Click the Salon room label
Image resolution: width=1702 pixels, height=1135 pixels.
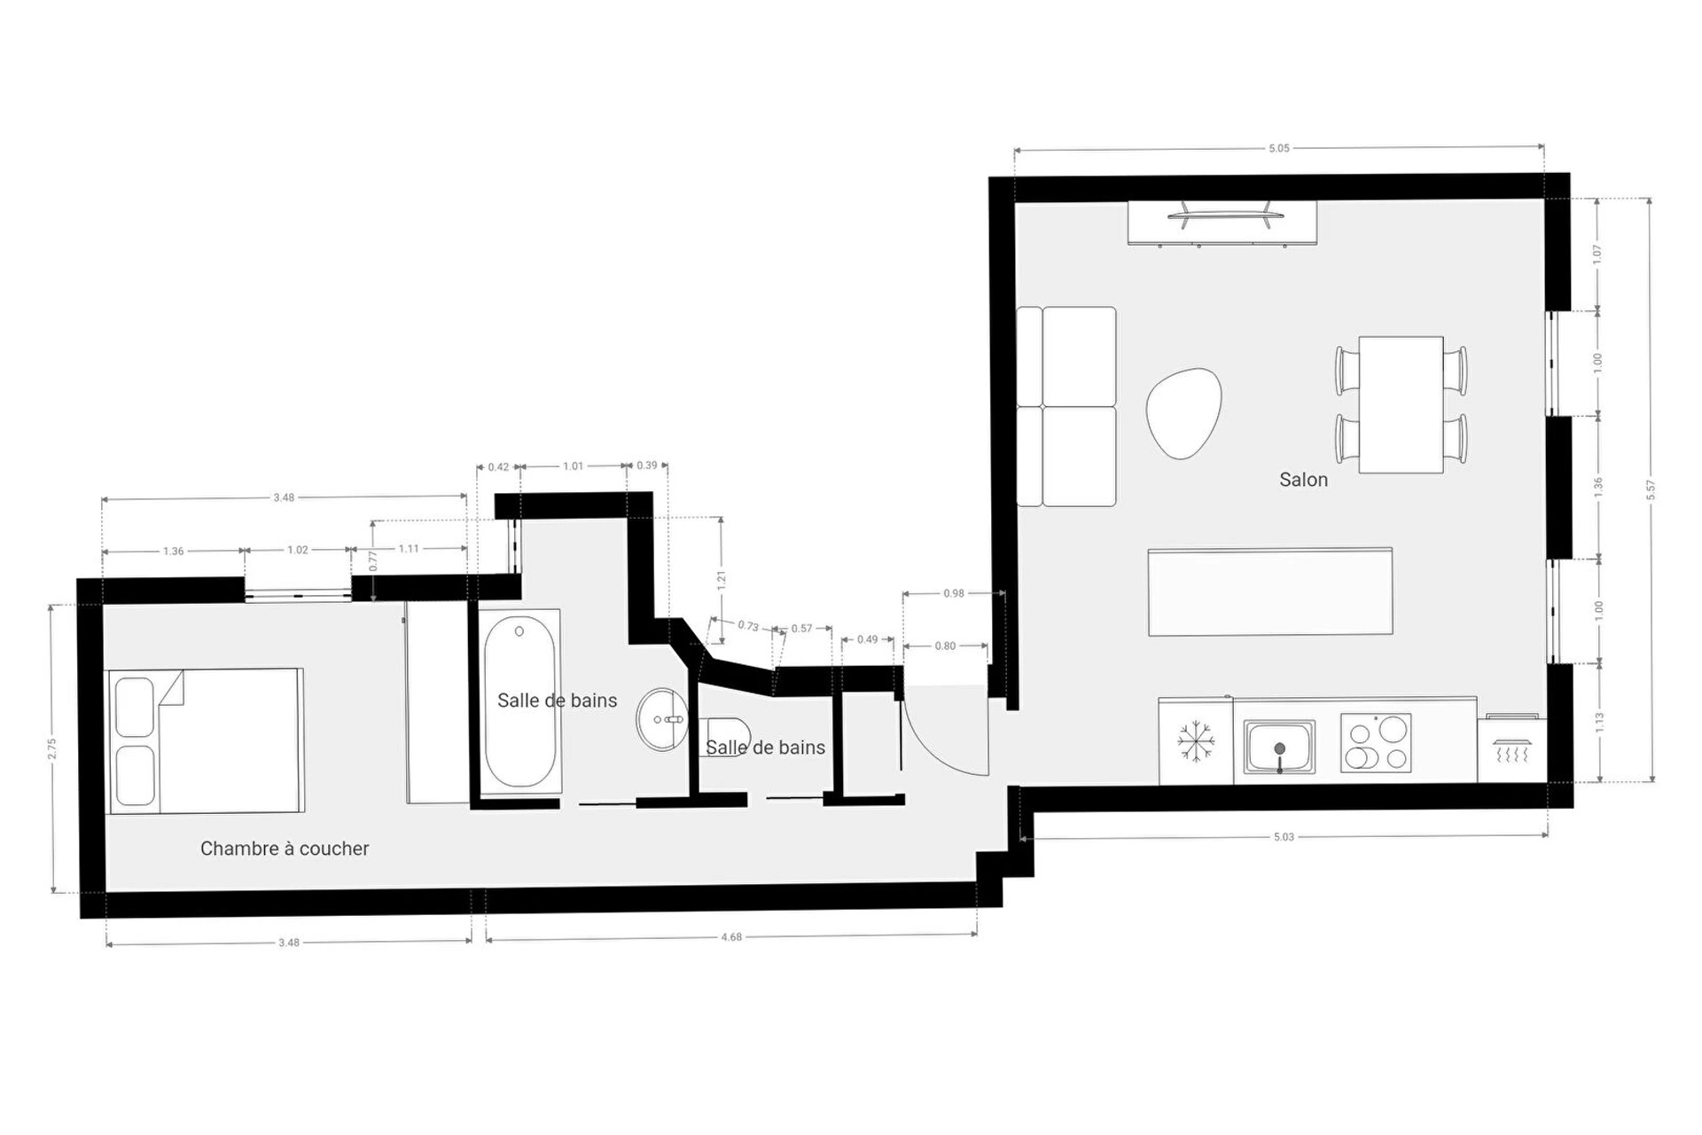pos(1303,480)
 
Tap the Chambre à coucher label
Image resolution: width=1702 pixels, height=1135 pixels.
pos(285,849)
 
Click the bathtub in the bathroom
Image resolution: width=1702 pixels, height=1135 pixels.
pos(520,701)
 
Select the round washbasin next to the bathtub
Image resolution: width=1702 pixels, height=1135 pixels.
pos(662,719)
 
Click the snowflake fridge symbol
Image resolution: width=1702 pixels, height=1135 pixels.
pos(1195,741)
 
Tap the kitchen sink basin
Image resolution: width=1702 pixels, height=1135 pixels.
pos(1279,747)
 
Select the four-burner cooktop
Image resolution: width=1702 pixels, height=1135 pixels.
pos(1375,742)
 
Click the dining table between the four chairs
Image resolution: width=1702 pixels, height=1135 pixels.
pos(1401,404)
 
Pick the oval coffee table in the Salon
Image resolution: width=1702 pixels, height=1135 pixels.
pos(1183,413)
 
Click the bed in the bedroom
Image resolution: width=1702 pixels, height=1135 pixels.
pos(205,740)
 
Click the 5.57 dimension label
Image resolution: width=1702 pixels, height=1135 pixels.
pos(1651,489)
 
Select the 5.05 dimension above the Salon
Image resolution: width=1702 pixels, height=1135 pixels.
pos(1278,148)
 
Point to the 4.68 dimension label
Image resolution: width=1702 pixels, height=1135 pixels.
pos(731,936)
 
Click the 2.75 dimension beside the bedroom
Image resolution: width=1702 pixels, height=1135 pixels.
pos(52,748)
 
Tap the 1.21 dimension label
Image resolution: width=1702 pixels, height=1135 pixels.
pos(722,580)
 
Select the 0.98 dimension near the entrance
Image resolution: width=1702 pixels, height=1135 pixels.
pos(954,593)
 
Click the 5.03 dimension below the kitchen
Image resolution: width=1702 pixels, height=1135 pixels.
pos(1284,836)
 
